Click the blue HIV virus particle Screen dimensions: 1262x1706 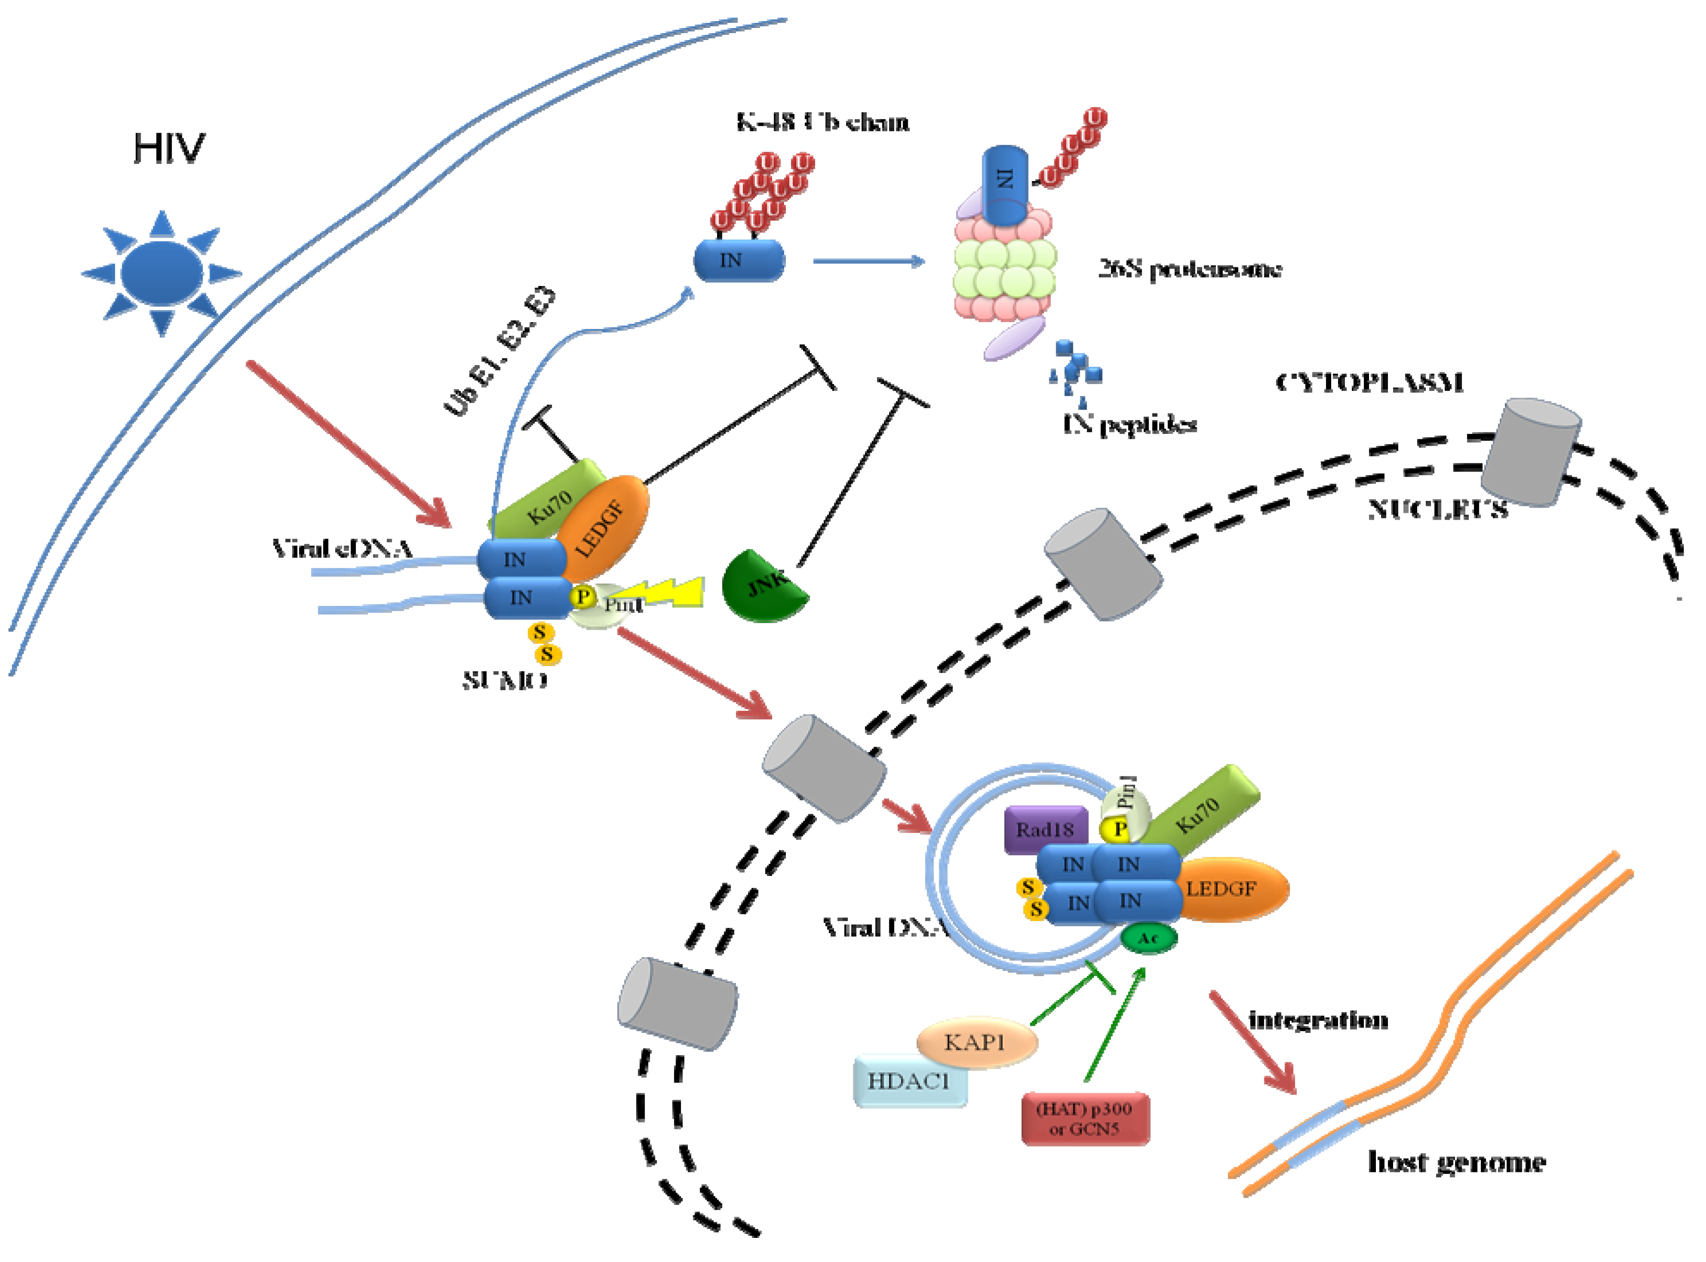click(x=162, y=273)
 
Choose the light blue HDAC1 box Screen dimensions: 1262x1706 click(x=909, y=1081)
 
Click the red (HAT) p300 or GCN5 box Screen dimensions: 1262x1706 click(x=1085, y=1118)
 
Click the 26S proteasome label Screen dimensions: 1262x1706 click(x=1189, y=269)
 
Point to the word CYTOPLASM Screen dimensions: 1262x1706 click(x=1369, y=382)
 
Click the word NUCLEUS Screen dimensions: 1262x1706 click(x=1437, y=509)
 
